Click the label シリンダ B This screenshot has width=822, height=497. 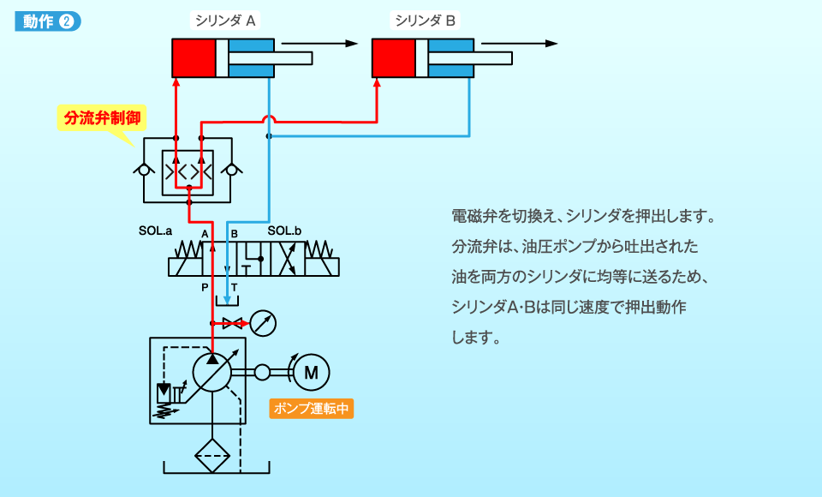pos(425,20)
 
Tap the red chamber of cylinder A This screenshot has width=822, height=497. pos(194,57)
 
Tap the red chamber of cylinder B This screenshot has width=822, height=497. pos(393,57)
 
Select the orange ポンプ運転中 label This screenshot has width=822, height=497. pos(312,409)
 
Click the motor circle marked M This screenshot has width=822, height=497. pos(311,371)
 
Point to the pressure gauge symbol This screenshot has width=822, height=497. pos(265,323)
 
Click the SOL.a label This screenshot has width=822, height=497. pos(156,231)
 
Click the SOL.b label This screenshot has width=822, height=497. pos(284,231)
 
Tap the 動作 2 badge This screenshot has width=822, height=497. pos(48,21)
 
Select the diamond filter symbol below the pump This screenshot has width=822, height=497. pos(212,454)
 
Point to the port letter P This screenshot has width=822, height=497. pos(205,287)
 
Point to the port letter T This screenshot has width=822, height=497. pos(234,287)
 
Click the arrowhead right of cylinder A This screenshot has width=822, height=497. pos(350,44)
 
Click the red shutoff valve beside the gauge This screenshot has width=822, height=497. pos(232,323)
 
